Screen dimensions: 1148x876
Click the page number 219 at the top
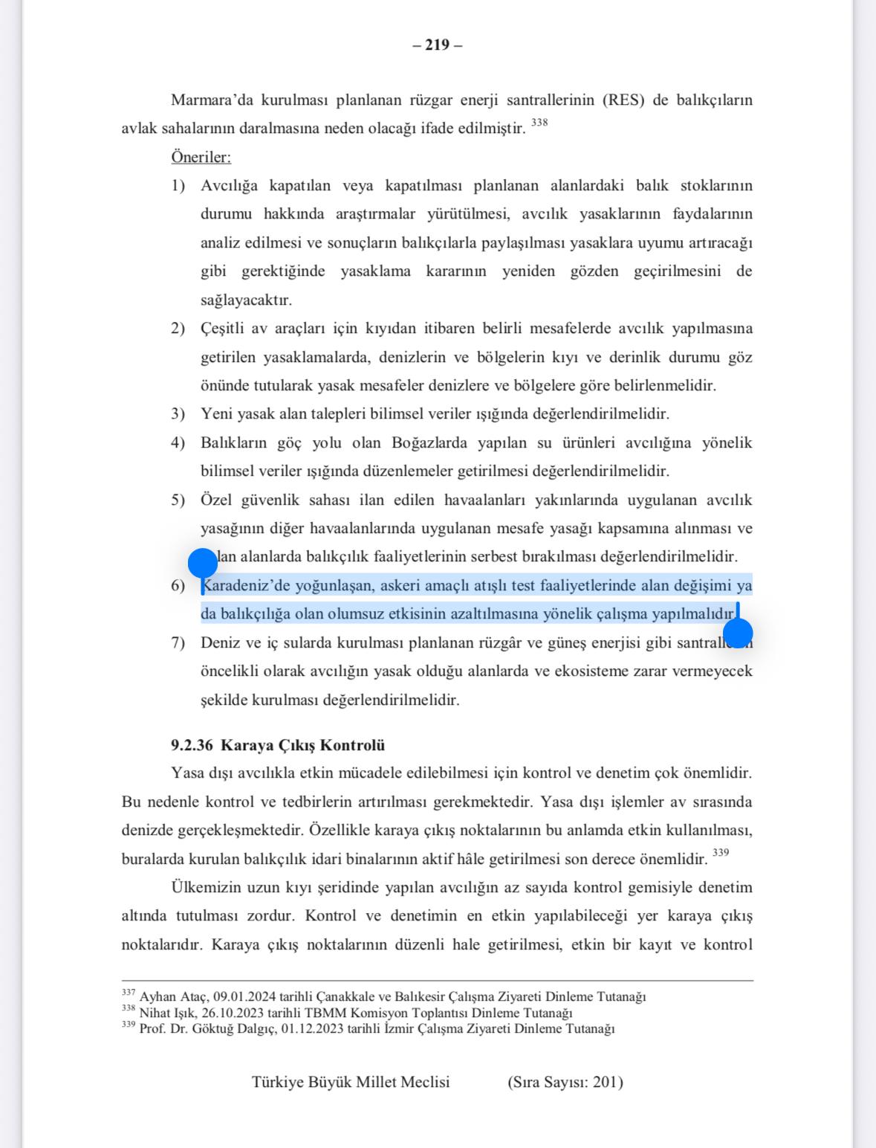[437, 45]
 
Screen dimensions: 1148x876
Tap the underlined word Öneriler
[201, 158]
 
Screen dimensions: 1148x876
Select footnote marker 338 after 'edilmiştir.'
[539, 123]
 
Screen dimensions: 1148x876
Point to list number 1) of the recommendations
[178, 186]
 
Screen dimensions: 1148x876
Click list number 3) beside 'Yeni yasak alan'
[178, 414]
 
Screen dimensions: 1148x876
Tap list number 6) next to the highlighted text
[178, 586]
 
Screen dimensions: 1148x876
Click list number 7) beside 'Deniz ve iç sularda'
[178, 643]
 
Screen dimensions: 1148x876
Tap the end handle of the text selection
[738, 633]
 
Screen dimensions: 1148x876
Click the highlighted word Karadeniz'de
[241, 586]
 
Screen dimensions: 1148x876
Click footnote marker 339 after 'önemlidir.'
[720, 853]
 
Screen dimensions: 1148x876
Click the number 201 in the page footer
[605, 1083]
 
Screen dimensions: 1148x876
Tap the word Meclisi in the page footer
[425, 1083]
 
